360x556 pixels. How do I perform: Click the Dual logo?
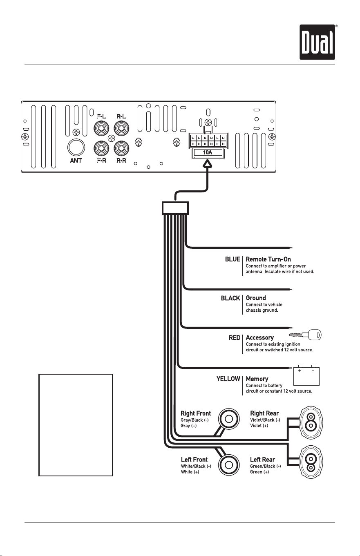click(x=317, y=42)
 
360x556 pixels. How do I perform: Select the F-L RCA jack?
click(x=101, y=128)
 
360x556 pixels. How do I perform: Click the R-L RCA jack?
click(x=121, y=128)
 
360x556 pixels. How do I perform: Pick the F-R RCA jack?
click(x=101, y=148)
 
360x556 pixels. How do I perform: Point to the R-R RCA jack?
click(x=121, y=148)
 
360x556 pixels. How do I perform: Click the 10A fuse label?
click(x=208, y=152)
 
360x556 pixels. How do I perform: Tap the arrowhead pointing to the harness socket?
click(x=208, y=165)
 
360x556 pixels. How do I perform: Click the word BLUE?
click(x=233, y=259)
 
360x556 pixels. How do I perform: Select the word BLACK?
click(x=230, y=298)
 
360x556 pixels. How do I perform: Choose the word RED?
click(x=235, y=338)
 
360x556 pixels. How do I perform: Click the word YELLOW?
click(x=228, y=379)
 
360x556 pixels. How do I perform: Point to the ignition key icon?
click(x=305, y=335)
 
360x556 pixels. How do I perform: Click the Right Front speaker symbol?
click(x=229, y=419)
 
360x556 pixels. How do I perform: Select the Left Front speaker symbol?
click(x=229, y=465)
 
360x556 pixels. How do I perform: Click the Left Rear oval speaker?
click(x=311, y=463)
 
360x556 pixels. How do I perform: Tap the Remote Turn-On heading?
click(x=268, y=259)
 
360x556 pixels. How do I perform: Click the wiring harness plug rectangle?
click(x=175, y=208)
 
